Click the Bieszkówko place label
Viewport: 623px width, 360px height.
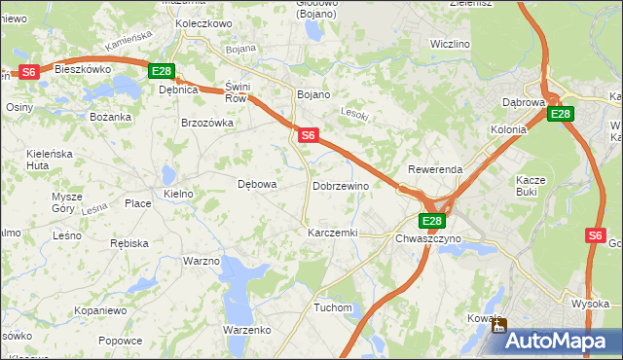[x=83, y=70]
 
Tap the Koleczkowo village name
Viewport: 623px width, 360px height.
[x=202, y=22]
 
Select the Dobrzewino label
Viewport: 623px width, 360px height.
[x=340, y=186]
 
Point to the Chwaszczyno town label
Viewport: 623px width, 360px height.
[x=428, y=238]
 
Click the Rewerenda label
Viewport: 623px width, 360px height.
[x=435, y=169]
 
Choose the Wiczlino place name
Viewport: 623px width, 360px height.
[x=450, y=44]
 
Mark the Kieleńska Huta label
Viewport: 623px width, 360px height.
[x=52, y=160]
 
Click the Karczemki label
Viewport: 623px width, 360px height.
[x=333, y=234]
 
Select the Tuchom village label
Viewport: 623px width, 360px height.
[x=332, y=307]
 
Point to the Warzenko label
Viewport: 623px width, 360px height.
[x=246, y=330]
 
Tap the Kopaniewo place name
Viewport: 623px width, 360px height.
[x=100, y=310]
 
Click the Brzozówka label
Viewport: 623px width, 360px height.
[x=207, y=123]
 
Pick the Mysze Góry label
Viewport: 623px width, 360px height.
[x=67, y=202]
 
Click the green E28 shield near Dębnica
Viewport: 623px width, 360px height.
[x=162, y=71]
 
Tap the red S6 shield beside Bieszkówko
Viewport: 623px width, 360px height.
[x=29, y=71]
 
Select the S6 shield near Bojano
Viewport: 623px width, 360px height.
[x=308, y=136]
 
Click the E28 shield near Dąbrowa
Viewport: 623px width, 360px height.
[x=560, y=114]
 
